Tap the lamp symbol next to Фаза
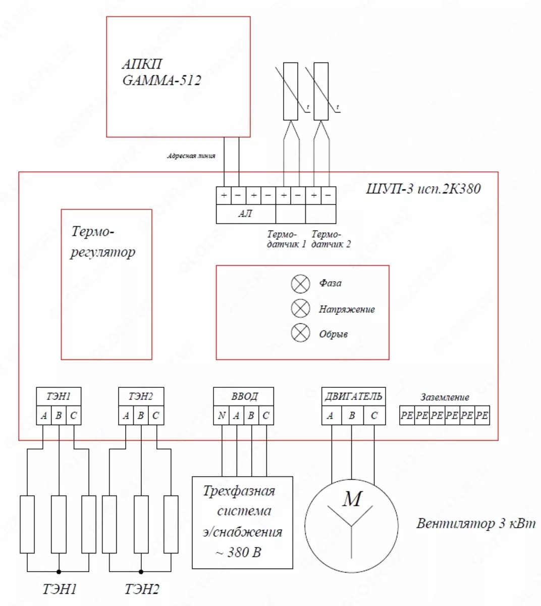(300, 283)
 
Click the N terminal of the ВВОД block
(221, 416)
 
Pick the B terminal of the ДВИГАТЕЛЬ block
(352, 416)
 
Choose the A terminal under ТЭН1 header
(44, 416)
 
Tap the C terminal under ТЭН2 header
(155, 416)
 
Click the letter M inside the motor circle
(352, 499)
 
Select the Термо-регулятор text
(102, 241)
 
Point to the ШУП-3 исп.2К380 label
(423, 189)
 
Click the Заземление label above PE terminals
(445, 397)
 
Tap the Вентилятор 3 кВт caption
(475, 523)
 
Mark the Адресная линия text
(191, 156)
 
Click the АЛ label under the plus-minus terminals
(245, 214)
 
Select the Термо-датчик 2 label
(331, 239)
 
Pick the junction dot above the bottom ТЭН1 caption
(59, 572)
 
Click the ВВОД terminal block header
(244, 396)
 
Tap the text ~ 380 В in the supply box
(238, 552)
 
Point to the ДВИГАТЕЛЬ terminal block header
(353, 396)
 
